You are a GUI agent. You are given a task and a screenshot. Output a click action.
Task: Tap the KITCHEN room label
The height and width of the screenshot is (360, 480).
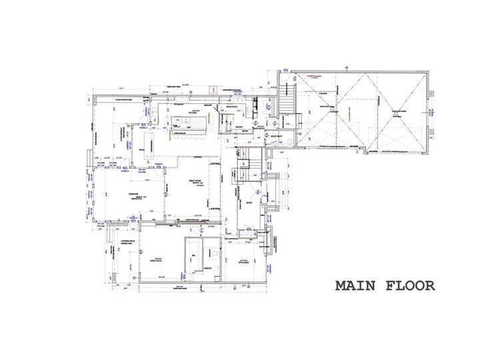[193, 113]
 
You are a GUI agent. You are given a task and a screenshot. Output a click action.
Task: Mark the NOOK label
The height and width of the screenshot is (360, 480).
[141, 150]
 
